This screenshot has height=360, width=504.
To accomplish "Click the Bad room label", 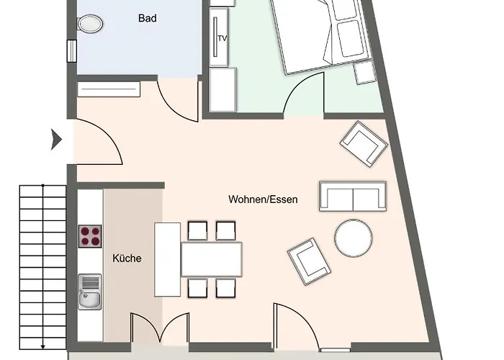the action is coord(148,18).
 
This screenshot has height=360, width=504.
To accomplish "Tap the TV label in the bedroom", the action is coord(222,39).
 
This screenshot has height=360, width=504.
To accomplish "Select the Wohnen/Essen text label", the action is coord(263,199).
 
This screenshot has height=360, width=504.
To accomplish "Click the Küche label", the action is coord(127,258).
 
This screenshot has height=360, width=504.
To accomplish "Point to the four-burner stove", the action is coord(90,236).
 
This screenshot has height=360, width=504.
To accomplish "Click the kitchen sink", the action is coord(90,292).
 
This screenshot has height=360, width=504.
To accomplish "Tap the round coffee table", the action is coord(354,238).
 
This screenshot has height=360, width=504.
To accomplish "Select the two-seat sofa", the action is coord(353,196).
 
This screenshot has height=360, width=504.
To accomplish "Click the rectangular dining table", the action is coord(212,259).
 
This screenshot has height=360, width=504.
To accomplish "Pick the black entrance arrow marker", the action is coord(57,140).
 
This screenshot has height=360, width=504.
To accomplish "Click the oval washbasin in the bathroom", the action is coord(90,24).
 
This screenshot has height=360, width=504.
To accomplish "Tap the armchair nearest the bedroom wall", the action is coord(364,144).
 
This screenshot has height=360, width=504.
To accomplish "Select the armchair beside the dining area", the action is coord(309,261).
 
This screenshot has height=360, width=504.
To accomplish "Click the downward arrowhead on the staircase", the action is coord(42,346).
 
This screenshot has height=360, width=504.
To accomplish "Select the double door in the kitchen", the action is coord(160,328).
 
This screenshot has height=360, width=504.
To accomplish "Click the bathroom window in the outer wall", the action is coord(72,51).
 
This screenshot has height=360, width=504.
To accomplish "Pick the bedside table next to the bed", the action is coord(366,73).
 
